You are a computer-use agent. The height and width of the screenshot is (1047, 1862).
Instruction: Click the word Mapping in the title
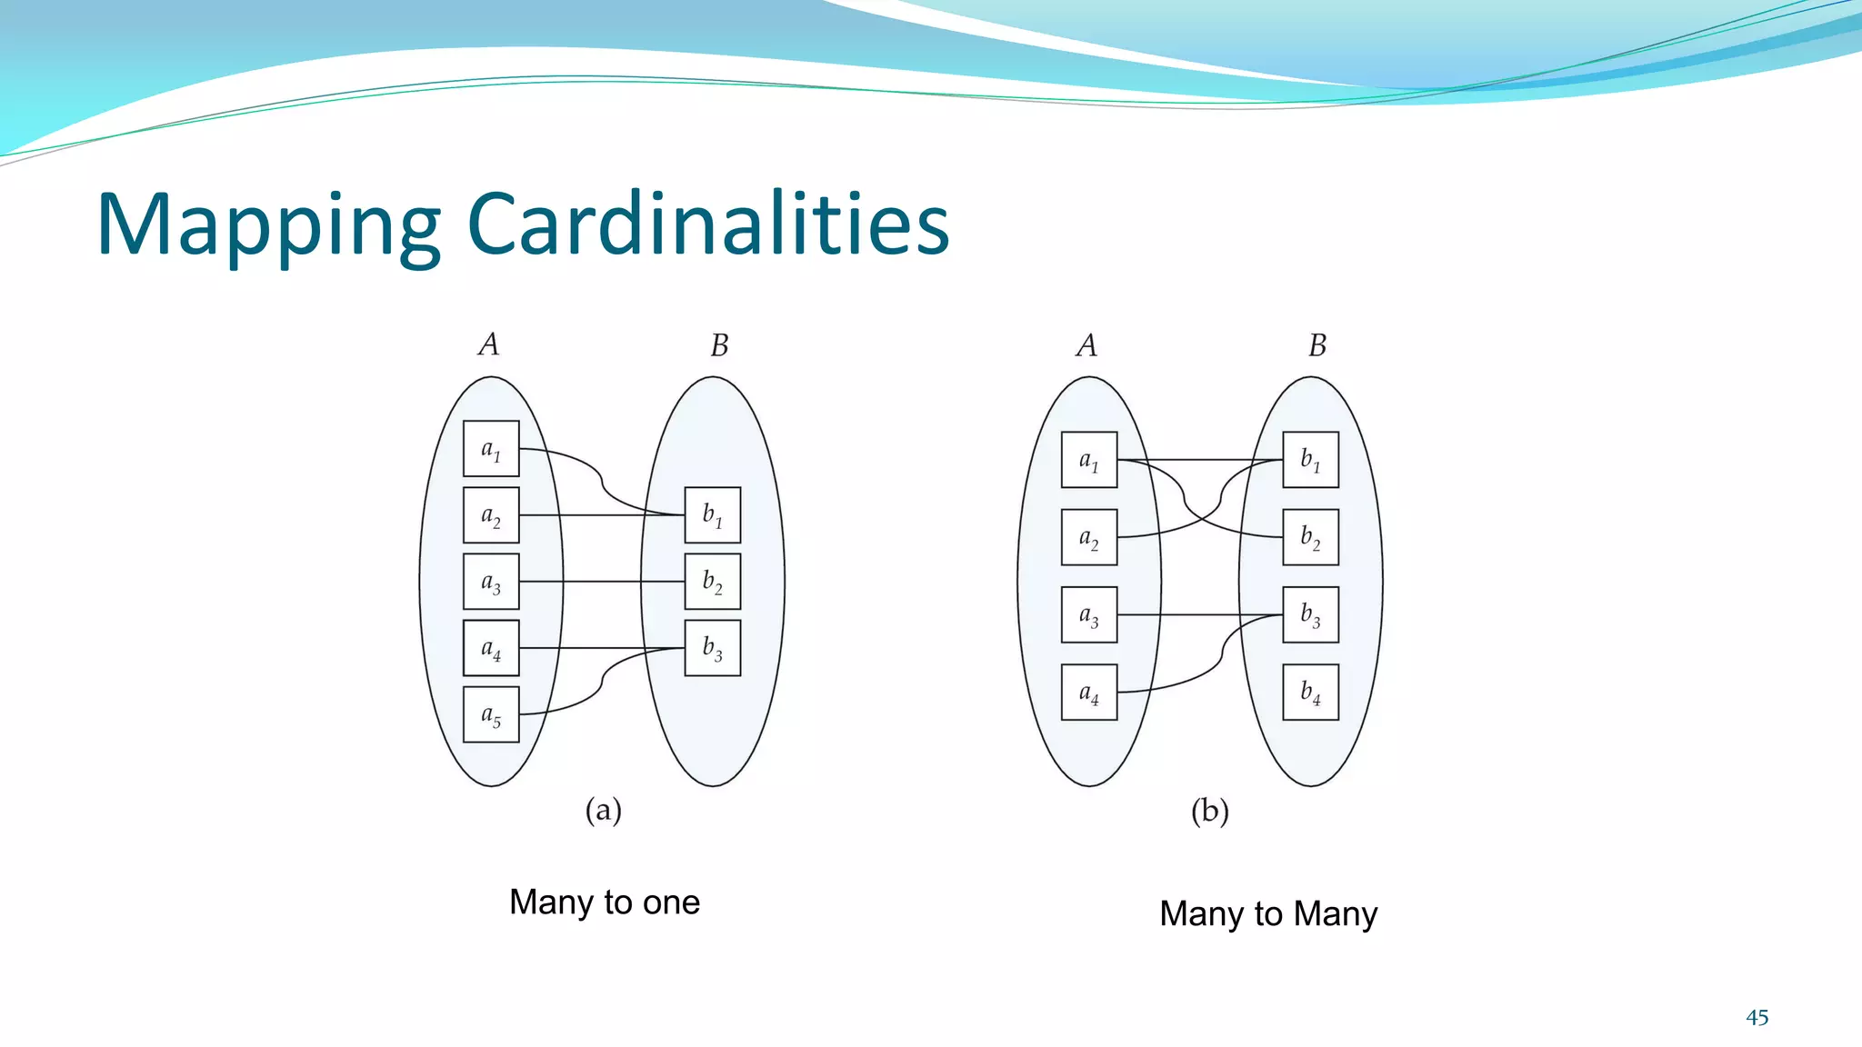tap(268, 227)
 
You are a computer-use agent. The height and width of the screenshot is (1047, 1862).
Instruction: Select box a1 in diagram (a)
tap(491, 449)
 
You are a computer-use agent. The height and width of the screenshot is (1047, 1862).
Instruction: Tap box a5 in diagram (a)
tap(491, 715)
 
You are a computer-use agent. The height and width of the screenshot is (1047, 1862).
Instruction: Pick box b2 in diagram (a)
tap(712, 582)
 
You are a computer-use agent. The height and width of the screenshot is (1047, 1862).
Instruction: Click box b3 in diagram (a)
tap(712, 648)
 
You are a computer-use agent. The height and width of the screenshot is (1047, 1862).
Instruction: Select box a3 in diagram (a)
tap(491, 582)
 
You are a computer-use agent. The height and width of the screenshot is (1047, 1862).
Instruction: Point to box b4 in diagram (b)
tap(1310, 693)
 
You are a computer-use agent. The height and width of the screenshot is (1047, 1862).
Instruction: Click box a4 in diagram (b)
tap(1089, 693)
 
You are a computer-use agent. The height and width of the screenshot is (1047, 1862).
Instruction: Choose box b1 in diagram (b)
tap(1310, 460)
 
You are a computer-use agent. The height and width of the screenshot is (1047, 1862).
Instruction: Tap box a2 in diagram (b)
tap(1089, 537)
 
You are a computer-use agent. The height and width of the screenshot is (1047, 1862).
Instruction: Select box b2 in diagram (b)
tap(1310, 537)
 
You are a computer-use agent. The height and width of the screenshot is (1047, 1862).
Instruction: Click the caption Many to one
tap(605, 902)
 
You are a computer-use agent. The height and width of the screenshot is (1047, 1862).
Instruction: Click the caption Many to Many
tap(1268, 913)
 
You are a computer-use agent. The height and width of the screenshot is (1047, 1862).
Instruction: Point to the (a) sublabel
tap(603, 810)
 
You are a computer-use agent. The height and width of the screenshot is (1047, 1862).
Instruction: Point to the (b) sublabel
tap(1210, 811)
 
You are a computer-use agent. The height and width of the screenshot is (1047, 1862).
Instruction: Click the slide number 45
tap(1757, 1018)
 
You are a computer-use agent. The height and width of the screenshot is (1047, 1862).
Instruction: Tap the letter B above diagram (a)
tap(719, 345)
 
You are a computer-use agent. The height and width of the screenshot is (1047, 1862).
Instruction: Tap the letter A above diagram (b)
tap(1086, 345)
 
